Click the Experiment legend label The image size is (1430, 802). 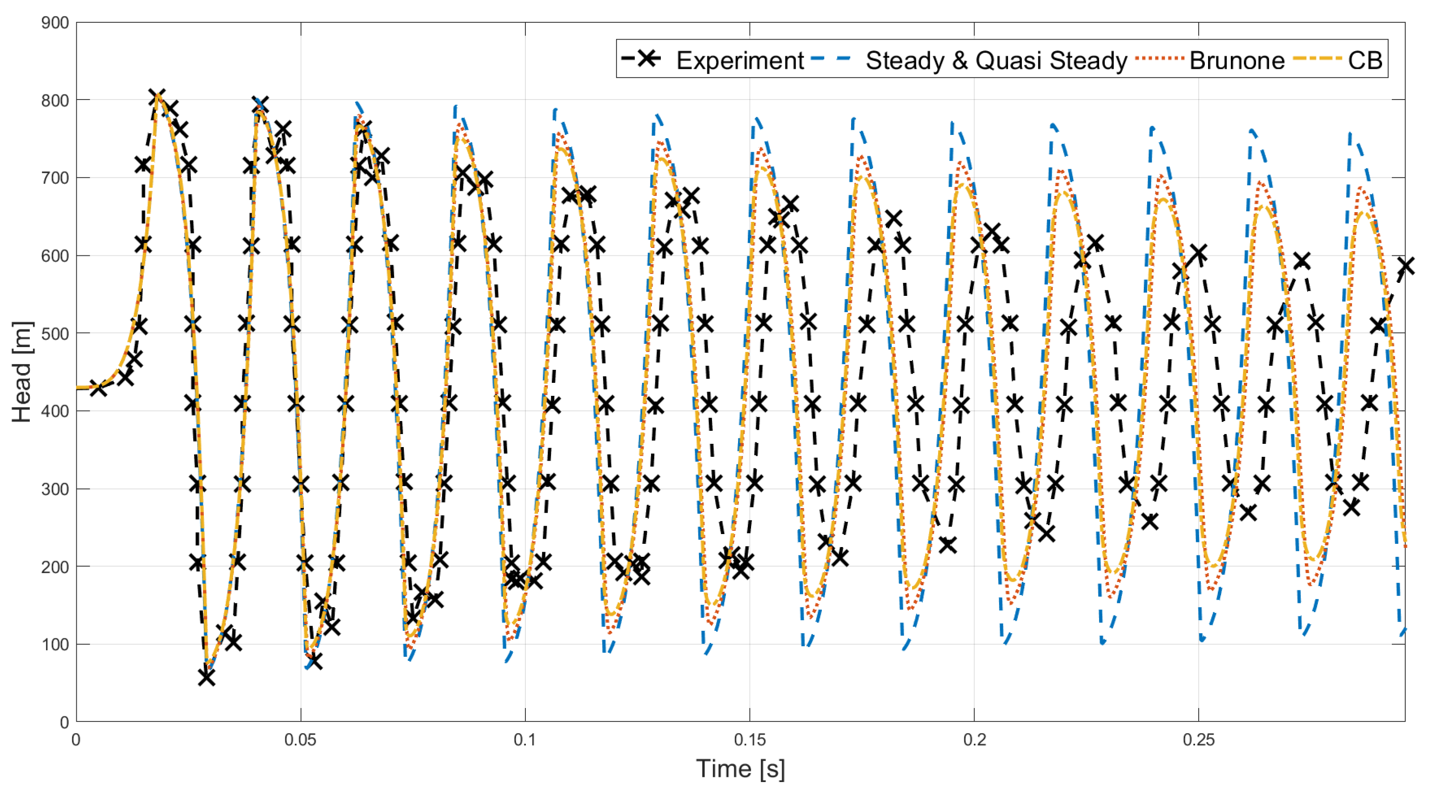point(739,60)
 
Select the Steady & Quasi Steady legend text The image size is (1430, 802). point(996,60)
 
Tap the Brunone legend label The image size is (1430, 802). point(1236,60)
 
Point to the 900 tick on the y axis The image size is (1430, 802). point(55,23)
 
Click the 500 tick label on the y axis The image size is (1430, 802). point(55,334)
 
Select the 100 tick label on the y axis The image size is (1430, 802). point(55,644)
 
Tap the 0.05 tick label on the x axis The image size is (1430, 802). point(300,740)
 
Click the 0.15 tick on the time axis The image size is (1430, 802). point(749,740)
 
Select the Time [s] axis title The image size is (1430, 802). point(740,769)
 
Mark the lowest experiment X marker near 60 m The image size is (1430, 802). point(207,678)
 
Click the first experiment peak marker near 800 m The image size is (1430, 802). point(158,97)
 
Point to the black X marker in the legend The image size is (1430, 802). point(647,58)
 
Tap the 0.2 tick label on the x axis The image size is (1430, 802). point(974,740)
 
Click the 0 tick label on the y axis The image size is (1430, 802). point(64,722)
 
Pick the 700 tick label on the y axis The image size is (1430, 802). point(55,178)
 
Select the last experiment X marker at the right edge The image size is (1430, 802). point(1405,266)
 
